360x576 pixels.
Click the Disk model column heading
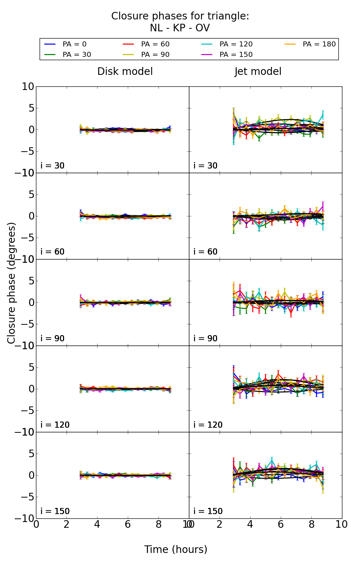(125, 72)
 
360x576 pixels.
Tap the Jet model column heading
(258, 72)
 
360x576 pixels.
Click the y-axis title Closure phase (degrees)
(12, 283)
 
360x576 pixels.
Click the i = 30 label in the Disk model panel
(53, 166)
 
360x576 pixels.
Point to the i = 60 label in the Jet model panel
(206, 252)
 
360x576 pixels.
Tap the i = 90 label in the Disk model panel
(53, 338)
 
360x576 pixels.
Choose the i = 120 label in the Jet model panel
(208, 425)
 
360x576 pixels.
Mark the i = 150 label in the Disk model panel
(55, 511)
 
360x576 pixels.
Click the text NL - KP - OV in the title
(180, 28)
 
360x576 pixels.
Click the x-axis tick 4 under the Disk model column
(97, 525)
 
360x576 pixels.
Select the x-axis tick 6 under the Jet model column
(281, 525)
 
